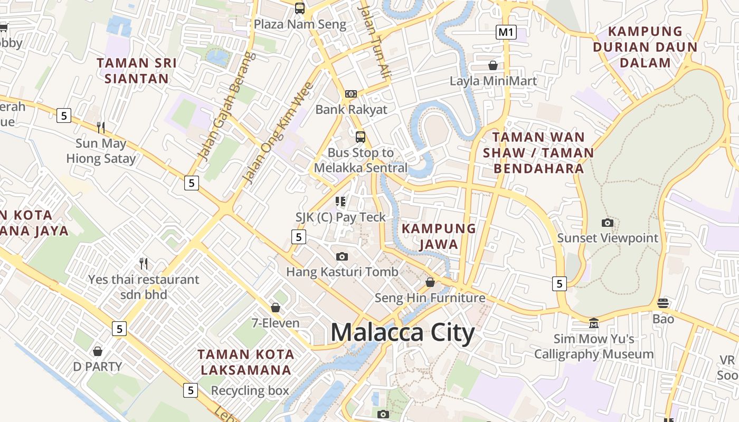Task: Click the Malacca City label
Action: (403, 333)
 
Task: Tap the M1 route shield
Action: (506, 32)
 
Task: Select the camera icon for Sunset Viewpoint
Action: (608, 223)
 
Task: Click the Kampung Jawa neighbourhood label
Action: (439, 236)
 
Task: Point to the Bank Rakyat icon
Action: (351, 94)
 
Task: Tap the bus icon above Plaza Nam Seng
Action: (300, 8)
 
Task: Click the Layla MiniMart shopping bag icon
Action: (493, 65)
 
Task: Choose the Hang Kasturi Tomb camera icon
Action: (342, 256)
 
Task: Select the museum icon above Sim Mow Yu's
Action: (594, 322)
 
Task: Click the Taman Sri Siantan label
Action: (136, 71)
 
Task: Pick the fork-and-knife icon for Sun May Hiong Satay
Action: (101, 127)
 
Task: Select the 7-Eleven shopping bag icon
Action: (275, 307)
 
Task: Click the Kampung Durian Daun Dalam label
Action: (645, 47)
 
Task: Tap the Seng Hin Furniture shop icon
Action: (430, 282)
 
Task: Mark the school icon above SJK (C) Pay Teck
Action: (340, 201)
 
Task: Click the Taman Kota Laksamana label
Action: (245, 362)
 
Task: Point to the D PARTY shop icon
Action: (98, 351)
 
